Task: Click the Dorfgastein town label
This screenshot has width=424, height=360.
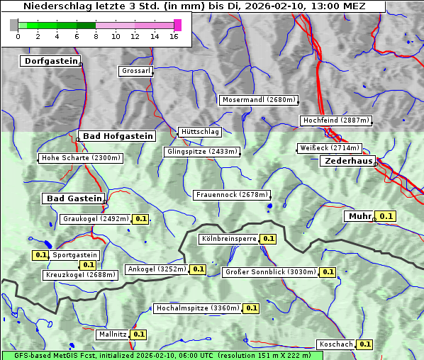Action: pyautogui.click(x=50, y=62)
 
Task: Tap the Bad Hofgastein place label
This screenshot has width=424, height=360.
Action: pyautogui.click(x=117, y=136)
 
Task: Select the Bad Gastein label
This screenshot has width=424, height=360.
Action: pyautogui.click(x=74, y=198)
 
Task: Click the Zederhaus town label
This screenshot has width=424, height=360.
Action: pyautogui.click(x=348, y=162)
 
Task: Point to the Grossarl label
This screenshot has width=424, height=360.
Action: pyautogui.click(x=135, y=72)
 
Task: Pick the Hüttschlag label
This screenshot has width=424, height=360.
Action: pyautogui.click(x=200, y=132)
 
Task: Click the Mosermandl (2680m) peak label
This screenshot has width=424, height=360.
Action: pyautogui.click(x=259, y=100)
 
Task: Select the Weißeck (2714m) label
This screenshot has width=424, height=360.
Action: pyautogui.click(x=329, y=148)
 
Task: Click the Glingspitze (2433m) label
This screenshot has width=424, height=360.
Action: pyautogui.click(x=202, y=152)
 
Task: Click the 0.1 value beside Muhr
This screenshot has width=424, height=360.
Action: pyautogui.click(x=386, y=216)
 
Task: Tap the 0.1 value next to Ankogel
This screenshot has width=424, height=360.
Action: pyautogui.click(x=198, y=269)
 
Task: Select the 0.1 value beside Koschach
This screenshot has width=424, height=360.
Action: pyautogui.click(x=364, y=344)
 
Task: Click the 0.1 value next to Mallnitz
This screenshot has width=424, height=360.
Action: pyautogui.click(x=138, y=334)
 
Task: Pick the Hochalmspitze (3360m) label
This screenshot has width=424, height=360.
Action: pyautogui.click(x=198, y=309)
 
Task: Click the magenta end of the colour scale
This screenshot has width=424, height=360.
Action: pyautogui.click(x=177, y=25)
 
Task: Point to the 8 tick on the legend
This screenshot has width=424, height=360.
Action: pyautogui.click(x=95, y=35)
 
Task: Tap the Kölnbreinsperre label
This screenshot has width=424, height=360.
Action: pyautogui.click(x=228, y=240)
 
